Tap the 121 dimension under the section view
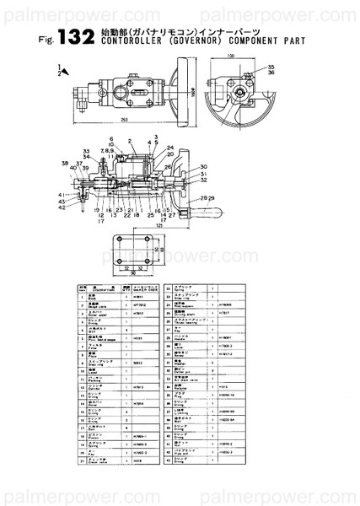click(x=159, y=226)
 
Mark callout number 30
click(x=203, y=167)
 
